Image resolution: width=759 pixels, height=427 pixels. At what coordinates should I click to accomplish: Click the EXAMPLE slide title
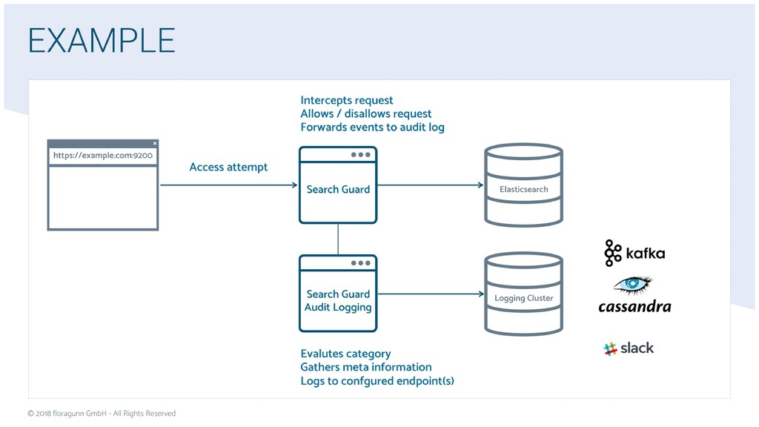pos(102,40)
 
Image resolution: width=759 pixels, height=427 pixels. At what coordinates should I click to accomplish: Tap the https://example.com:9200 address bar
pos(102,156)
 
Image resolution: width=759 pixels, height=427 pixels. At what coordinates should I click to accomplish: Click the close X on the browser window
pos(155,143)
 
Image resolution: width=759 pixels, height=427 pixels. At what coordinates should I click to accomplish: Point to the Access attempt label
pos(228,167)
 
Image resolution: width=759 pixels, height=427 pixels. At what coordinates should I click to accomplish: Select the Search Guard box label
pos(338,189)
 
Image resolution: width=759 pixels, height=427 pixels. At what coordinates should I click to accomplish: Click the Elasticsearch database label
pos(524,189)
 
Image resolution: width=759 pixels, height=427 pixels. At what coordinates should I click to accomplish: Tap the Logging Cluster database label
pos(524,298)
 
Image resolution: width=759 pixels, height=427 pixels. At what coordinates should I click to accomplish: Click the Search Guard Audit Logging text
pos(338,301)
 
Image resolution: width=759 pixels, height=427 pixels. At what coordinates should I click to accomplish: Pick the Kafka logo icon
pos(612,253)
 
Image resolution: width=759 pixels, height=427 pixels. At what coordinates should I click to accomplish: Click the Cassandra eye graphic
pos(633,285)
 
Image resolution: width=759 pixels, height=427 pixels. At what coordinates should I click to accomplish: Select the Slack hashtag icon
pos(610,348)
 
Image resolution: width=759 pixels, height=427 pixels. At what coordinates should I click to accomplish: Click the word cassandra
pos(634,306)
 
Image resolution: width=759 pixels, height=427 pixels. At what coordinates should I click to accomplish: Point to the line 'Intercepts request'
pos(347,100)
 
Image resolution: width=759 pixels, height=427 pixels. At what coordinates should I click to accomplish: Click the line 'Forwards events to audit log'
pos(372,128)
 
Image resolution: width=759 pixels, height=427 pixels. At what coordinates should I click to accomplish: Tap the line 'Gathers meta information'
pos(366,367)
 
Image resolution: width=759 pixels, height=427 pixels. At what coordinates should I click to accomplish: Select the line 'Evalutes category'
pos(345,354)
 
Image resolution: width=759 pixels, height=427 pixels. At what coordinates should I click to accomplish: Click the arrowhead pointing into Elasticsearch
pos(480,185)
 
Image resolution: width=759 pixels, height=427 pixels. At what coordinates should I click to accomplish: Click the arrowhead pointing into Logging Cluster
pos(480,294)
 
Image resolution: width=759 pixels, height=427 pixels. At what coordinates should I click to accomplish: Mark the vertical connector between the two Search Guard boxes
pos(338,239)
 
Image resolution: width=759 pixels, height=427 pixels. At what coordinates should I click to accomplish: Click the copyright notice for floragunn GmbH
pos(102,414)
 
